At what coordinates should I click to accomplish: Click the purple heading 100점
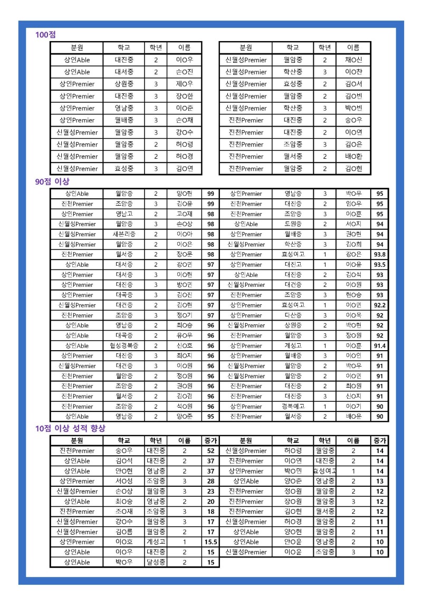point(45,35)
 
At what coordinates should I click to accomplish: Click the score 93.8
point(379,254)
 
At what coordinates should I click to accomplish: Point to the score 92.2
point(379,305)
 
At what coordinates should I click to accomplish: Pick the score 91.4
point(379,345)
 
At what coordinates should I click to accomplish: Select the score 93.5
point(379,264)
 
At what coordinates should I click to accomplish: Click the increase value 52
point(210,451)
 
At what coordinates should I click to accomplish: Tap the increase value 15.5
point(210,542)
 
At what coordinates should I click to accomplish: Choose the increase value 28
point(210,481)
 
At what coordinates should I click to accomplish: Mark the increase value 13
point(380,481)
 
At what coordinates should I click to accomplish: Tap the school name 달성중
point(156,562)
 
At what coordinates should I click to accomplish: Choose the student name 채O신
point(353,60)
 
